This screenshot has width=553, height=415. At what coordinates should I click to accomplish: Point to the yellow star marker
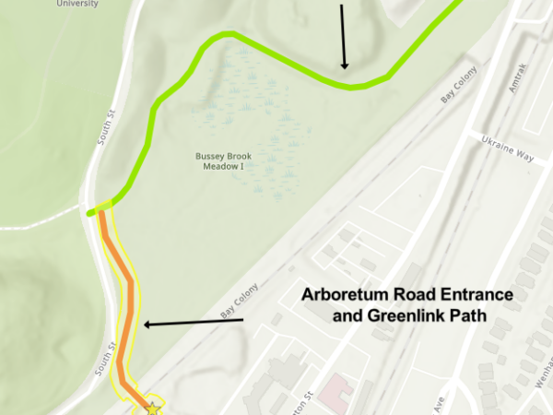153,408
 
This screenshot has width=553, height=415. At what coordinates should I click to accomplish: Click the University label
76,4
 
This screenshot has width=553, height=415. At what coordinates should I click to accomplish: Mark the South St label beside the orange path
110,358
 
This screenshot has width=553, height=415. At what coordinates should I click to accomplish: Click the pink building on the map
335,387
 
